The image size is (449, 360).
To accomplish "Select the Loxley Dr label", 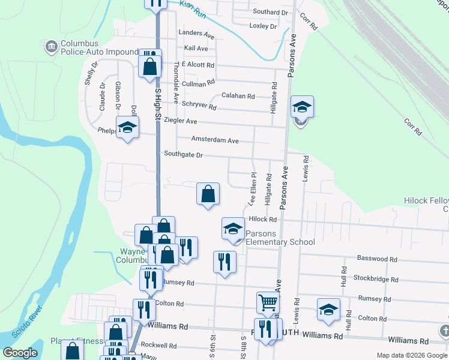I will point(263,26).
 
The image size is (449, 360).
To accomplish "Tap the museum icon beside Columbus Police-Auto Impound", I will point(50,44).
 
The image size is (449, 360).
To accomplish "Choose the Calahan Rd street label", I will point(238,96).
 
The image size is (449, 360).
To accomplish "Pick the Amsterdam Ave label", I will point(215,140).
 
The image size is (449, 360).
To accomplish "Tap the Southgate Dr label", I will point(184,155).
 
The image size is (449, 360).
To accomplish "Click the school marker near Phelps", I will point(127,128).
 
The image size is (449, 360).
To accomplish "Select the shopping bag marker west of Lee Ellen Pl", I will point(208,194).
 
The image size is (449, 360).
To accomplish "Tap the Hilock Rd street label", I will point(262,220).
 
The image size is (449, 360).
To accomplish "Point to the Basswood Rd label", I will point(377,259).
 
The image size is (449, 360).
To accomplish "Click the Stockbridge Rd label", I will point(376,279).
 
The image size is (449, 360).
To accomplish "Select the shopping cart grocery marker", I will point(268,303).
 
